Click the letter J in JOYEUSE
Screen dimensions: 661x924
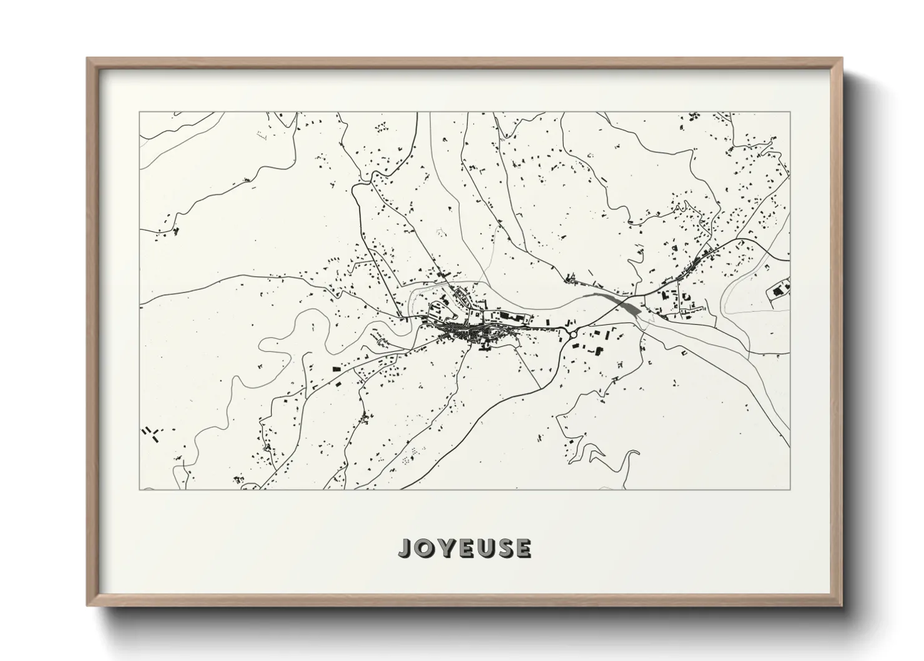click(406, 549)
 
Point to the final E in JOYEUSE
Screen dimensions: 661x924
click(523, 548)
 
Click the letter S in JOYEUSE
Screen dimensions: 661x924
click(504, 548)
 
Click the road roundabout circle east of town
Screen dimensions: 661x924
click(573, 335)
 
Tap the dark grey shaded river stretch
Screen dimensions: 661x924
click(621, 304)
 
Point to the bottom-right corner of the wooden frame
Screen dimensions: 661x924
click(841, 605)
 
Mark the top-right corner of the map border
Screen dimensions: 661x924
click(790, 112)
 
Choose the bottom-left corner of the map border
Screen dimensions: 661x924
click(139, 489)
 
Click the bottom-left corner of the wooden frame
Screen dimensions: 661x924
click(88, 605)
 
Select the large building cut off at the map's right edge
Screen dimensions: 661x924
click(780, 289)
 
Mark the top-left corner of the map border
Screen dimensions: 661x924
click(139, 112)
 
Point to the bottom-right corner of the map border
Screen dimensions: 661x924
click(790, 489)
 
